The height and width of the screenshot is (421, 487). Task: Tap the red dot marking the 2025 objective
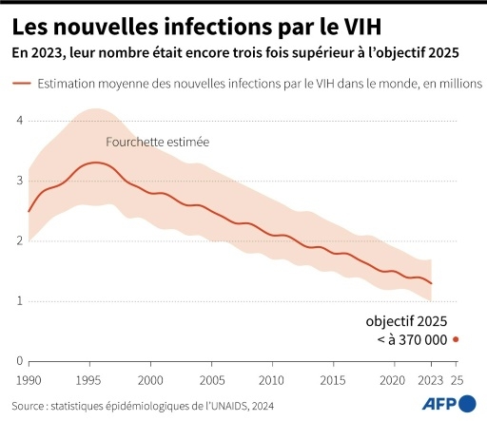457,339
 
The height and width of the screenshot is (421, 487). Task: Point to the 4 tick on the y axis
19,120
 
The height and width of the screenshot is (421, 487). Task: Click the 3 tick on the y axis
19,181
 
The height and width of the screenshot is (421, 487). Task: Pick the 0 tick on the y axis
19,361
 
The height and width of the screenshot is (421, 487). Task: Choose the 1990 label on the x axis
29,379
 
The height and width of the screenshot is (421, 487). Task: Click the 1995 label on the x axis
90,379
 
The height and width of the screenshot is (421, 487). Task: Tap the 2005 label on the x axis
210,379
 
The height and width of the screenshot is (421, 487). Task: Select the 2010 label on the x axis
271,379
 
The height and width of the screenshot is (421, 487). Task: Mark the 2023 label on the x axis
431,379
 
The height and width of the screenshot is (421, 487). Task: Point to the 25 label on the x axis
458,379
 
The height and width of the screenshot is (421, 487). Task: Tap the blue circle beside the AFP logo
468,404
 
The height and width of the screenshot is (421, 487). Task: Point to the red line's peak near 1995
95,163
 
